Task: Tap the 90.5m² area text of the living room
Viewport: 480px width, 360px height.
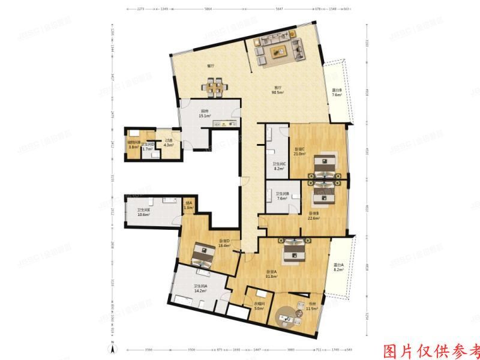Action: click(x=277, y=92)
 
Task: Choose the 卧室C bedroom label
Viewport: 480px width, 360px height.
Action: click(x=299, y=149)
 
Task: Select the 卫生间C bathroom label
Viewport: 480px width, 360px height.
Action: click(x=279, y=164)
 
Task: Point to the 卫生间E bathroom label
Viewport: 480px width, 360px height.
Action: click(x=143, y=210)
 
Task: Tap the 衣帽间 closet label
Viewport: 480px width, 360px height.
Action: click(x=259, y=304)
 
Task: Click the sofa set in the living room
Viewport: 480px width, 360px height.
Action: click(x=277, y=49)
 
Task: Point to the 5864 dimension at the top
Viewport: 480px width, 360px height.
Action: click(x=207, y=10)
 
